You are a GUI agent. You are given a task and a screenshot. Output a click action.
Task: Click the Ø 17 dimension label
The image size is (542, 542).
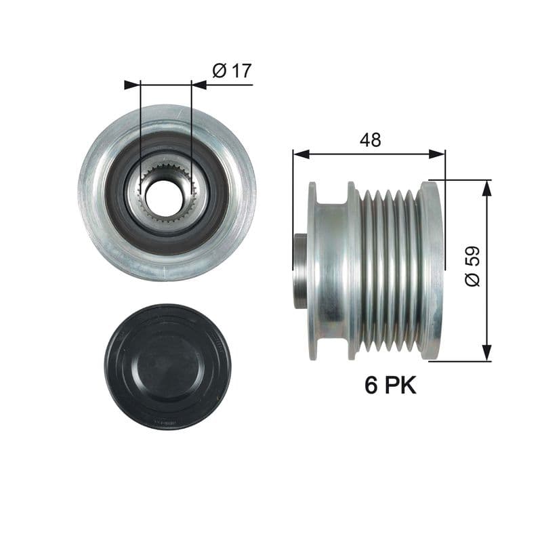point(232,71)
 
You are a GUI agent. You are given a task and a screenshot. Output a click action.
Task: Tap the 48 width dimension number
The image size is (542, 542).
point(371,140)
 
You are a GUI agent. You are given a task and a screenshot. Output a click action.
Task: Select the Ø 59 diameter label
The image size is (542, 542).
point(472,266)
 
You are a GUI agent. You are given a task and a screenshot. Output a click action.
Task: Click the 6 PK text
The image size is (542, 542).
point(390,385)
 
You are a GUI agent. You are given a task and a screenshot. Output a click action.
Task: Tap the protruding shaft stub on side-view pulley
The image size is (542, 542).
point(301,269)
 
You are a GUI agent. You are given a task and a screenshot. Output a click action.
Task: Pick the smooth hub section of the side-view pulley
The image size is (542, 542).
point(332,271)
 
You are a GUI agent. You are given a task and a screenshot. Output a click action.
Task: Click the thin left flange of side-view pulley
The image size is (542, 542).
point(312,271)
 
